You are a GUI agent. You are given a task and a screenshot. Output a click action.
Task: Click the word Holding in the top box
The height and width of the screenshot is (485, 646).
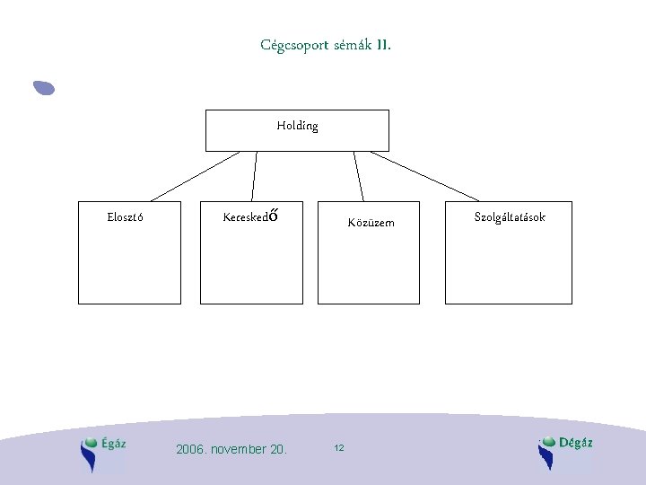[x=297, y=126]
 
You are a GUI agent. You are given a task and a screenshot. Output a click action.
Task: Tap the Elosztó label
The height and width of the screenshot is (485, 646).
[x=127, y=216]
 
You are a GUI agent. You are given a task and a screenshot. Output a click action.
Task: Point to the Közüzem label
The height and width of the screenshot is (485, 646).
[x=371, y=223]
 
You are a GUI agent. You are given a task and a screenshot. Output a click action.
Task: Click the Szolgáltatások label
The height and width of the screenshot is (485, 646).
[x=509, y=217]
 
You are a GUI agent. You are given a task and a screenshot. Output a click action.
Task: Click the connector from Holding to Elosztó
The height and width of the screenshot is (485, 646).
[x=195, y=176]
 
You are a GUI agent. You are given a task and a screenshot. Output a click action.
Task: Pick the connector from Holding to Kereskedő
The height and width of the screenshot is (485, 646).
[x=255, y=176]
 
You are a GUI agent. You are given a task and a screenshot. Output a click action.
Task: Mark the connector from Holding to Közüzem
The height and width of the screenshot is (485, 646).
[x=359, y=176]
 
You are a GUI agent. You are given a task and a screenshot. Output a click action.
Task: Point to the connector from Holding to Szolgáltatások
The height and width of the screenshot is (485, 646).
[x=425, y=176]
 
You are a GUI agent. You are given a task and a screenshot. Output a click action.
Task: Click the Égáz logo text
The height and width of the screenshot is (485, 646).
[x=114, y=443]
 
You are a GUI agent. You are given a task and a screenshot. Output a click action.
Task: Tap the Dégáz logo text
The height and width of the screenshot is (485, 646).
[x=575, y=442]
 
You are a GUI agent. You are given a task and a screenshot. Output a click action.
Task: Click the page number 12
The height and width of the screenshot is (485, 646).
[x=338, y=447]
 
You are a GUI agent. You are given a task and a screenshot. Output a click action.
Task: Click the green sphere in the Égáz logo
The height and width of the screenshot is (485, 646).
[x=90, y=442]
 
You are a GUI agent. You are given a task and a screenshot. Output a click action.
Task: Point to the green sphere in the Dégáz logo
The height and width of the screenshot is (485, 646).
[x=547, y=441]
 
